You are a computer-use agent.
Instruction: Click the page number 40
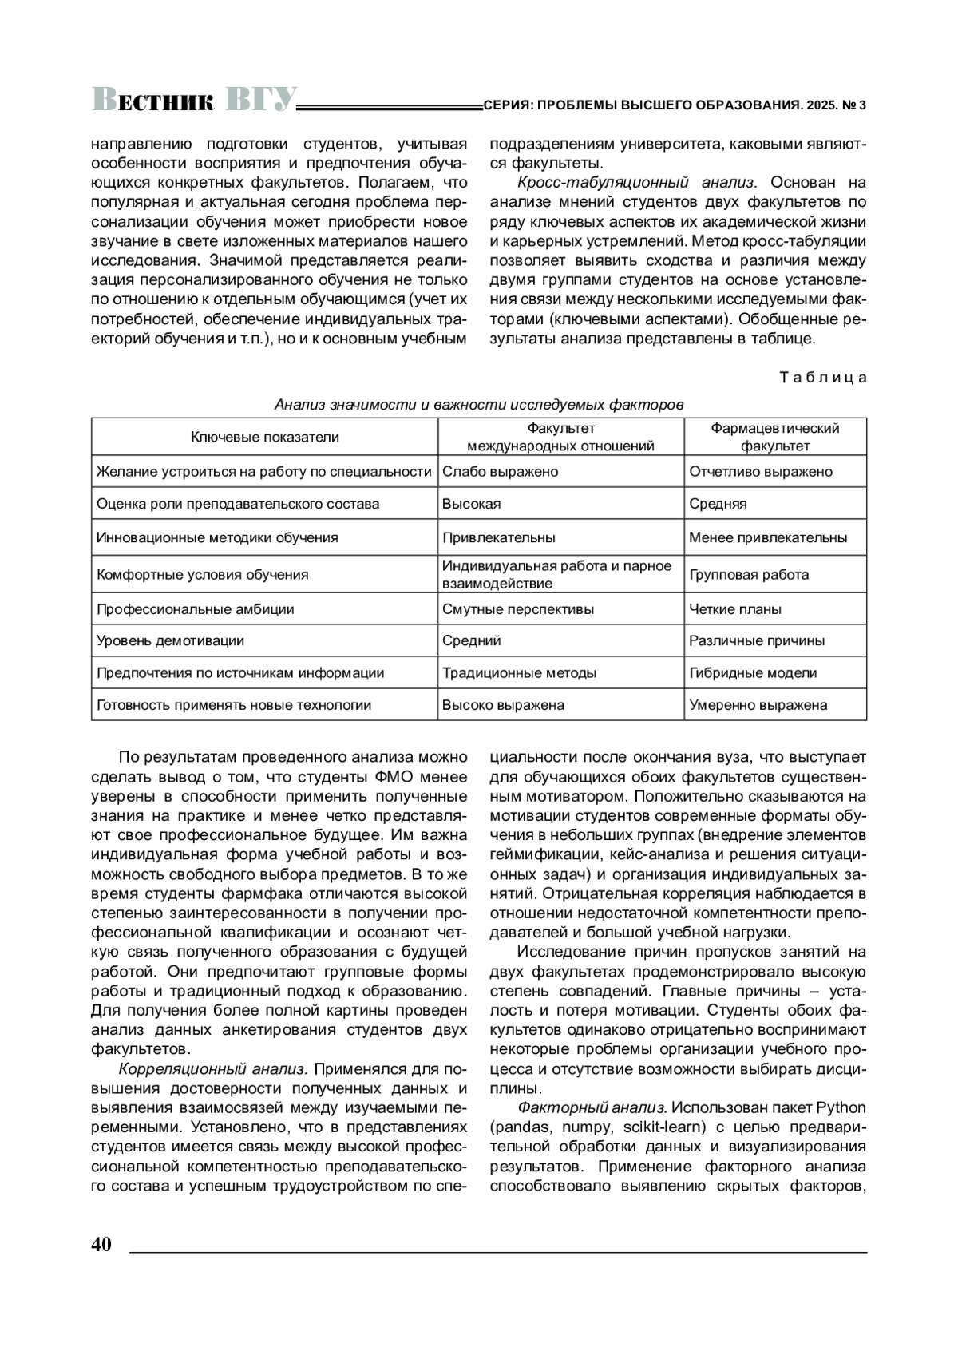coord(101,1245)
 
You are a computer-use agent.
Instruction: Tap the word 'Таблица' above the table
coord(822,378)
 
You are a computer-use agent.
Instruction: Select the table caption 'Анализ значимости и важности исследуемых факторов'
coord(479,404)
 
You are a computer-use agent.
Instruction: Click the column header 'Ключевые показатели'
coord(264,437)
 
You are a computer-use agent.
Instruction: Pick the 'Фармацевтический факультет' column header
coord(774,437)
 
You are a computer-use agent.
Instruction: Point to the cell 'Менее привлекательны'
coord(767,537)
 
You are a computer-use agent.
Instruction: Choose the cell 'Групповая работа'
coord(749,574)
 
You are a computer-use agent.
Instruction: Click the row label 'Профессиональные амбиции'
coord(196,609)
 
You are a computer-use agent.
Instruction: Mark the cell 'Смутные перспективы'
coord(518,609)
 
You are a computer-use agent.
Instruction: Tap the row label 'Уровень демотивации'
coord(171,640)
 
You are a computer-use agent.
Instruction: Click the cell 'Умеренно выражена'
coord(758,705)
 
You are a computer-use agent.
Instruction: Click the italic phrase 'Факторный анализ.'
coord(592,1107)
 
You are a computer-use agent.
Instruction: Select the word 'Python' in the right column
coord(841,1107)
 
